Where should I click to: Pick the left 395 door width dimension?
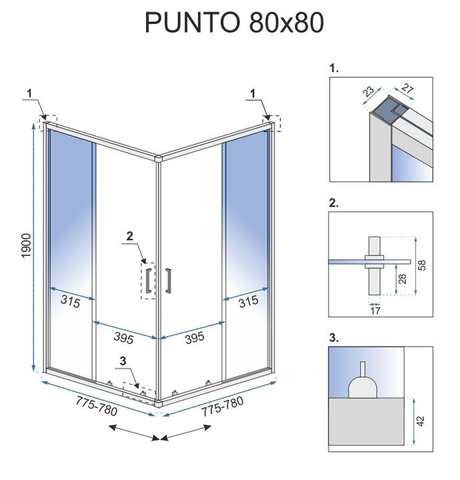123,339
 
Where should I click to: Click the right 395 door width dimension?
194,338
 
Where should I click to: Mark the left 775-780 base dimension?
97,406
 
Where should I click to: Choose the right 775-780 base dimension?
223,406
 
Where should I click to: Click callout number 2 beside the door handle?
130,235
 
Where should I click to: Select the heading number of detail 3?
333,337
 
